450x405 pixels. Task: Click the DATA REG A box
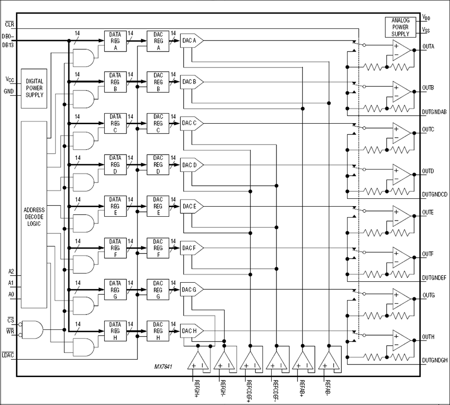[x=115, y=40]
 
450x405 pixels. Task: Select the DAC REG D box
[x=158, y=165]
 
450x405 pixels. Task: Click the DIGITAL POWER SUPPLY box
[x=34, y=88]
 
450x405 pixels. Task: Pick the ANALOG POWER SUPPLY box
[x=400, y=27]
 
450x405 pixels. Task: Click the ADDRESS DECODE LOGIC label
[x=34, y=217]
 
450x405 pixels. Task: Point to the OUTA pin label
[x=428, y=47]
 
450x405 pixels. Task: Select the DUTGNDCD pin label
[x=435, y=194]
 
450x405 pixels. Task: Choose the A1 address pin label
[x=11, y=283]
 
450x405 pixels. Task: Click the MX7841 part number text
[x=163, y=367]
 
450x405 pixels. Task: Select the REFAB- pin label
[x=328, y=388]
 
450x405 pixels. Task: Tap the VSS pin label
[x=426, y=30]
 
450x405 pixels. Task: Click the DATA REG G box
[x=115, y=289]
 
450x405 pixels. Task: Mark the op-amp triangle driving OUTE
[x=401, y=215]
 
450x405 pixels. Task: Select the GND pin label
[x=9, y=91]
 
